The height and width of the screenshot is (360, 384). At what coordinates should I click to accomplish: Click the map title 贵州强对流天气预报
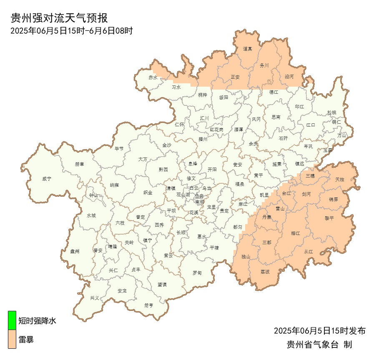point(59,18)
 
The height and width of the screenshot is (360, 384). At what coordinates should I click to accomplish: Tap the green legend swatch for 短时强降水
point(12,321)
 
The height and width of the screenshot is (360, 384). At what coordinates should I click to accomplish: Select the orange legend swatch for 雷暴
point(12,339)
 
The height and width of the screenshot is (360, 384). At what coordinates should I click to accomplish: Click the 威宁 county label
point(47,179)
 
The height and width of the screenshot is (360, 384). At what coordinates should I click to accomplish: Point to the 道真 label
point(248,49)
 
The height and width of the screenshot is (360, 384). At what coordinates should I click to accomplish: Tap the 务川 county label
point(264,65)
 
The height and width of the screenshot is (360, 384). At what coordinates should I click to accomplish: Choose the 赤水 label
point(153,77)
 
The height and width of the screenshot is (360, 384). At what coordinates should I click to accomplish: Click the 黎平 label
point(329,218)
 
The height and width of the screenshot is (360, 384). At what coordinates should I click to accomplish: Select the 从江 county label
point(309,252)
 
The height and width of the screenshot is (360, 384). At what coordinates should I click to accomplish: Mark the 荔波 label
point(265,272)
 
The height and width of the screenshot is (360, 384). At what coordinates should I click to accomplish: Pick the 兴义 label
point(95,298)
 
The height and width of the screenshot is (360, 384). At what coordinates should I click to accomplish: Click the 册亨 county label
point(149,305)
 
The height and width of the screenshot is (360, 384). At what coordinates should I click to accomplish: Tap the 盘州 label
point(75,251)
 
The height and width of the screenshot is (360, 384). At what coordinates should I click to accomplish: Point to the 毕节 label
point(119,148)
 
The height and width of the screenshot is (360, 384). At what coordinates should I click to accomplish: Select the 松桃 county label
point(331,112)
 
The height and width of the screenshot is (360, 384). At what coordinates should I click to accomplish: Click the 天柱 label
point(340,179)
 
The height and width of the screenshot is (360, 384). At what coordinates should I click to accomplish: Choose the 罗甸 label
point(197,273)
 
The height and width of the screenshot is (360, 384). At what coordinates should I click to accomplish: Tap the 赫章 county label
point(80,164)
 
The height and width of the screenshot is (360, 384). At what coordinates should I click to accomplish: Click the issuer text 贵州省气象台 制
point(319,345)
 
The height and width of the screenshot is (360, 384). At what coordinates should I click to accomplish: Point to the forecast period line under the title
point(71,30)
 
